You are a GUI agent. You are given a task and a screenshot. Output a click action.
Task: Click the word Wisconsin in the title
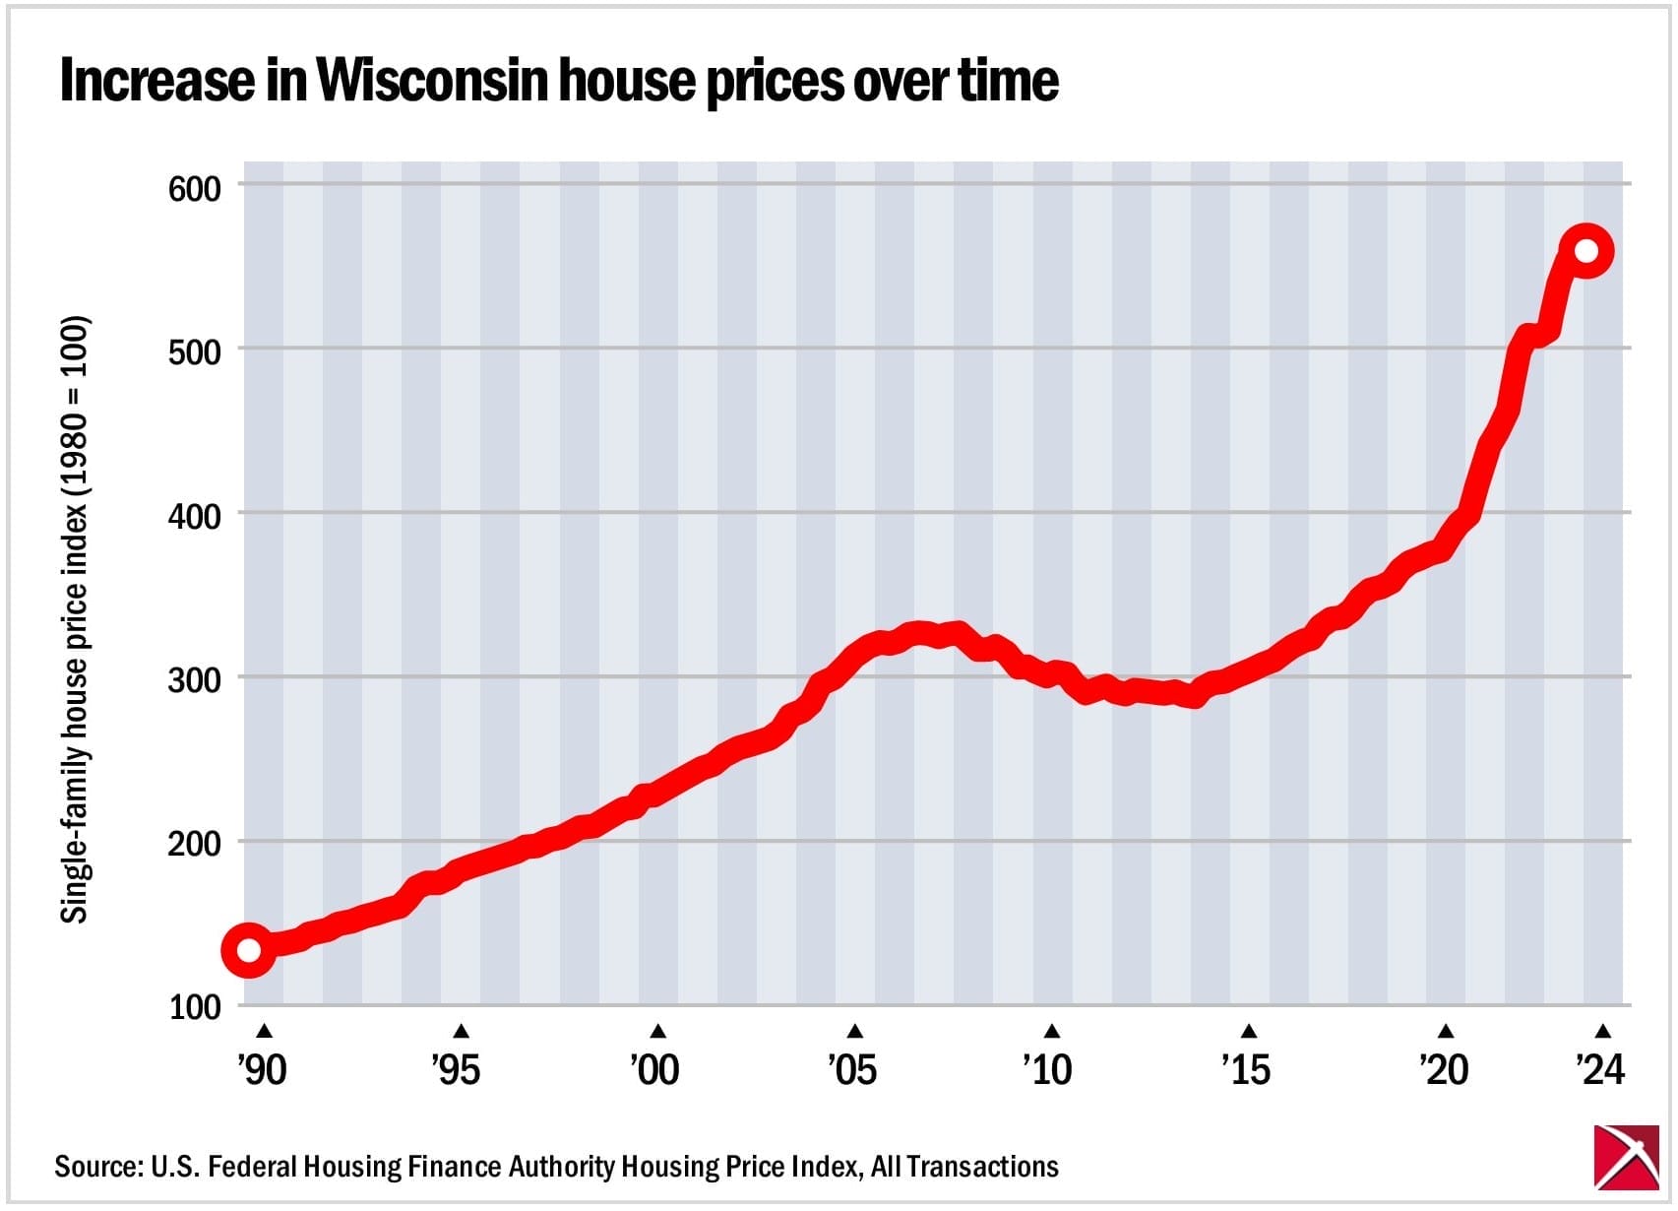coord(431,80)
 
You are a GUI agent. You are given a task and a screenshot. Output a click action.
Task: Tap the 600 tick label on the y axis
coord(195,189)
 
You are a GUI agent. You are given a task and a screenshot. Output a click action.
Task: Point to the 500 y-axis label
coord(195,352)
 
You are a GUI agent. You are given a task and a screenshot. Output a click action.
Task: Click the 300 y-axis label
coord(195,680)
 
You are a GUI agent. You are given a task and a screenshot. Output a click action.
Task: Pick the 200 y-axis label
coord(195,845)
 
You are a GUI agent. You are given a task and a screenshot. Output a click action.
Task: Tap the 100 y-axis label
coord(195,1008)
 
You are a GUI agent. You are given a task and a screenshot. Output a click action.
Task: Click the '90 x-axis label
coord(262,1070)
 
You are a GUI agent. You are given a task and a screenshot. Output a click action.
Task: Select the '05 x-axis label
coord(852,1070)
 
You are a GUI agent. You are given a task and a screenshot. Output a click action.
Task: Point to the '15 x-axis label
coord(1246,1070)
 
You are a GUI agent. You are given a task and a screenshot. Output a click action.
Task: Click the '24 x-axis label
coord(1600,1070)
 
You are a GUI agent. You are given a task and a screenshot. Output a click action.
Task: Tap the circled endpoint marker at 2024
coord(1585,251)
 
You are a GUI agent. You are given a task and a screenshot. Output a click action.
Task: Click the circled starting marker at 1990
coord(249,950)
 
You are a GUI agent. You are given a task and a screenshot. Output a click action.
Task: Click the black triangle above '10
coord(1052,1032)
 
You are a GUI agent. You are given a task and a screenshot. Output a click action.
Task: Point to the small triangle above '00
coord(658,1032)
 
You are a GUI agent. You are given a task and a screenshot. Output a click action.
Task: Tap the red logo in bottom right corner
coord(1626,1157)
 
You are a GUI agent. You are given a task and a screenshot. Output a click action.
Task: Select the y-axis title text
coord(76,620)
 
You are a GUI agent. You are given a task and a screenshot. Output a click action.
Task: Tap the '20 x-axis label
coord(1444,1070)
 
